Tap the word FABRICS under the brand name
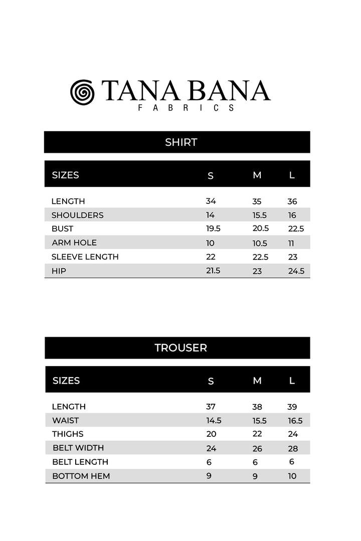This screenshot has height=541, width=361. (186, 108)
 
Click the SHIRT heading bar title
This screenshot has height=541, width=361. (181, 142)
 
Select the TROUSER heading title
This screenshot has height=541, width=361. (180, 348)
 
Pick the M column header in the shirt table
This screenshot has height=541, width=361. (257, 175)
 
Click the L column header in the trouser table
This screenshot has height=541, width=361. (292, 381)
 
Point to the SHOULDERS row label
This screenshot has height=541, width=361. (77, 215)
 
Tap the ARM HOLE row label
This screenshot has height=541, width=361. (74, 242)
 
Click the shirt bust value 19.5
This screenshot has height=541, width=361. (213, 228)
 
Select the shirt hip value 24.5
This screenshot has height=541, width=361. (296, 271)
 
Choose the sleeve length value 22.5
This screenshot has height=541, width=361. (260, 257)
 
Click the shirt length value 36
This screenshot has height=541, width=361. (292, 201)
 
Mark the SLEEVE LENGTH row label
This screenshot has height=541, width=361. (85, 257)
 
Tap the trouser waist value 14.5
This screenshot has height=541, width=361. (214, 421)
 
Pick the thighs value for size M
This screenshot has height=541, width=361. (257, 434)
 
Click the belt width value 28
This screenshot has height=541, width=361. (292, 448)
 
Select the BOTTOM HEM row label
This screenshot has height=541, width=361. (81, 476)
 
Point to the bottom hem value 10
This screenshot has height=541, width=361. (292, 476)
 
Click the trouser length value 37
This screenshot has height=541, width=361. (211, 407)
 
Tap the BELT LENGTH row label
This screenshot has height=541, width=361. (80, 462)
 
